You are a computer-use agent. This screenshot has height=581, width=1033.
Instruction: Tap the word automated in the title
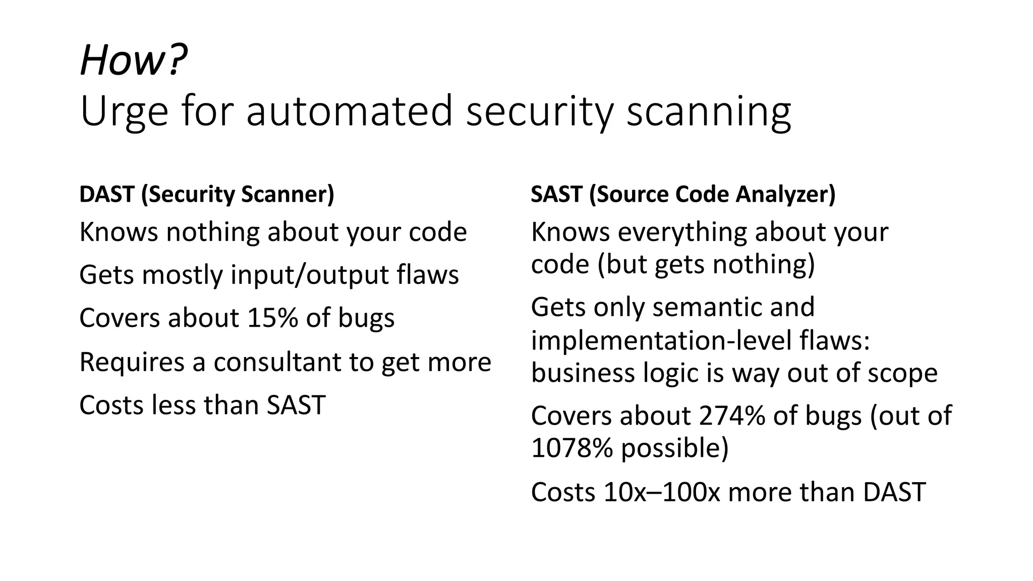[349, 111]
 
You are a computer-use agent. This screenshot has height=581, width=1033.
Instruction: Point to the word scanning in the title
[709, 111]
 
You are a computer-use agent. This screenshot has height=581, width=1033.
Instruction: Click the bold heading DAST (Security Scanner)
[207, 194]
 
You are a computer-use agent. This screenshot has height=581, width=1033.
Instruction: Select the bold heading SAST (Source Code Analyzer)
[683, 194]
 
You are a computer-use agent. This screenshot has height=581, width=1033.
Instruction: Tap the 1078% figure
[571, 448]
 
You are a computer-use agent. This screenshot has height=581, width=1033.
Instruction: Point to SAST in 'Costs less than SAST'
[296, 405]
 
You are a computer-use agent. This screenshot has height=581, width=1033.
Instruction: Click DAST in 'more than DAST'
[894, 492]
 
